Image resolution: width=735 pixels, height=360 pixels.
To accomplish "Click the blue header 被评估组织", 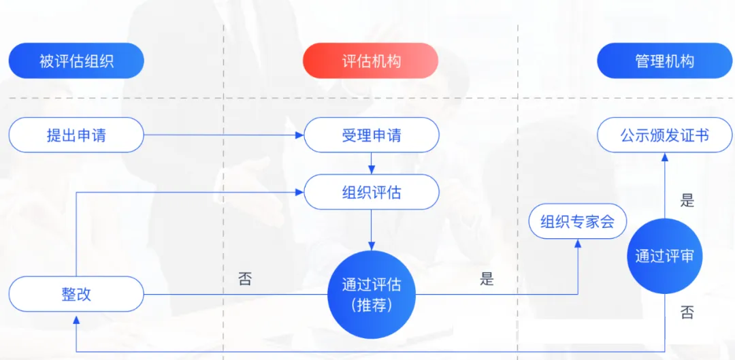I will (76, 61).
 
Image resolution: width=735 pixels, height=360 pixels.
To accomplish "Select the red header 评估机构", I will (371, 61).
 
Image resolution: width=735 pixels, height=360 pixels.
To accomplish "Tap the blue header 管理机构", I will (665, 61).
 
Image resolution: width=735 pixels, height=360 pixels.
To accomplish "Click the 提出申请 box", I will (76, 135).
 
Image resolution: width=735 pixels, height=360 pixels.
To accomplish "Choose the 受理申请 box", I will (371, 135).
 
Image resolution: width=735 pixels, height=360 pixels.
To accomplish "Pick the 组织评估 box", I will (371, 192).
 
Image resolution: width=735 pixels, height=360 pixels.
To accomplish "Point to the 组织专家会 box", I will (577, 221).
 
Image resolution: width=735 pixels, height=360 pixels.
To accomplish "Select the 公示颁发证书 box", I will (665, 135).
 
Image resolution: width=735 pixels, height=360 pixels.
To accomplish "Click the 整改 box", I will (76, 294).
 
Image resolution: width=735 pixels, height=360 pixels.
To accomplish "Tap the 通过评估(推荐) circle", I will (371, 293).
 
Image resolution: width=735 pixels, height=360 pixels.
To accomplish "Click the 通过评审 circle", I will (664, 256).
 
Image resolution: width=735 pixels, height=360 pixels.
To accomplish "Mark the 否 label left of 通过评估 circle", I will (245, 279).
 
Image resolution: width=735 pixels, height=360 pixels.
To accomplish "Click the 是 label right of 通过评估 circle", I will (487, 278).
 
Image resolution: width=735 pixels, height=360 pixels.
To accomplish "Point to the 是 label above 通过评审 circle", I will (687, 201).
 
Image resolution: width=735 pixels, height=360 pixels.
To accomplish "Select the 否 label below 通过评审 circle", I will (687, 313).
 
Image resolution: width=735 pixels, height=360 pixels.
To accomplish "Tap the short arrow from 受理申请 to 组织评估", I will (372, 163).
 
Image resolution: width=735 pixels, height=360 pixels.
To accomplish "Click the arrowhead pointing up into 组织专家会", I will (578, 244).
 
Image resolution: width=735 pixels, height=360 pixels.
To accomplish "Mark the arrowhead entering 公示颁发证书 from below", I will (665, 157).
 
